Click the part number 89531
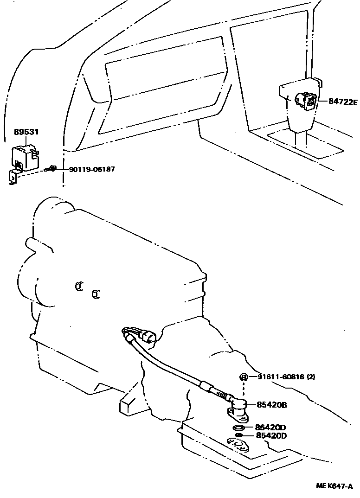(x=26, y=132)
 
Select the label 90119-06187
(x=91, y=169)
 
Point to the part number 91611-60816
(x=281, y=377)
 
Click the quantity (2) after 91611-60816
(x=311, y=377)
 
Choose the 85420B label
(x=271, y=405)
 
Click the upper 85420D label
(x=271, y=427)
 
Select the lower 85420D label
(x=271, y=436)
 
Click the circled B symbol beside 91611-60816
(x=244, y=377)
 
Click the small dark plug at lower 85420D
(x=239, y=436)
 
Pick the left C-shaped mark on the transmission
(x=79, y=287)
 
